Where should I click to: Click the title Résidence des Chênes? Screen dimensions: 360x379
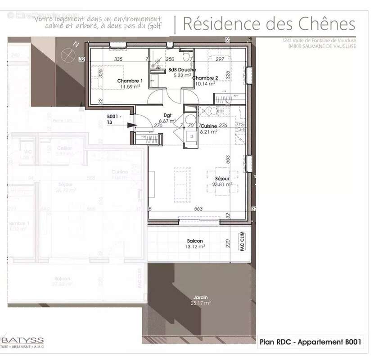point(269,24)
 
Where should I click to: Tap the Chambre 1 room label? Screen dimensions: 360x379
point(130,81)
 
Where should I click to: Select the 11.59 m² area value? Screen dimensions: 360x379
point(130,86)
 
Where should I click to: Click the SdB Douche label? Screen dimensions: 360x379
point(182,70)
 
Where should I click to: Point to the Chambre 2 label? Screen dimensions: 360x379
point(205,78)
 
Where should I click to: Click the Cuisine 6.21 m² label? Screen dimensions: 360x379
point(209,129)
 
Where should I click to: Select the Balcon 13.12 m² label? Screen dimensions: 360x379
point(195,243)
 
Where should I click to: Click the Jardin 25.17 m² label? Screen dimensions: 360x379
point(201,300)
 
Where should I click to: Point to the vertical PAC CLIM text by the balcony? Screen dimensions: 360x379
point(242,241)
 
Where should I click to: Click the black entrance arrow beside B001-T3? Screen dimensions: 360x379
point(131,126)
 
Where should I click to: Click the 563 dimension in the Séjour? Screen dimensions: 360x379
point(199,208)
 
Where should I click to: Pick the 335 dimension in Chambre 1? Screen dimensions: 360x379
point(118,59)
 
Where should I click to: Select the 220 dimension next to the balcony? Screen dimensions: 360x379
point(227,243)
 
